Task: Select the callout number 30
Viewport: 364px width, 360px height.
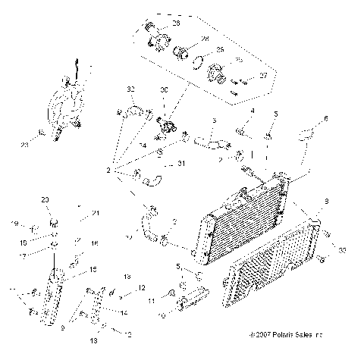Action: tap(163, 89)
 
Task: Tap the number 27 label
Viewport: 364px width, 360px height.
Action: tap(263, 76)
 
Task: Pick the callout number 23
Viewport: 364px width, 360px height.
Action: tap(25, 142)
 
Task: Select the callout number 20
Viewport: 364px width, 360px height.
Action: tap(45, 200)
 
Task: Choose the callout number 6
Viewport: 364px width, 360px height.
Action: tap(326, 119)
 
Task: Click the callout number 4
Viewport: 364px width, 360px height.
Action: tap(253, 112)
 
